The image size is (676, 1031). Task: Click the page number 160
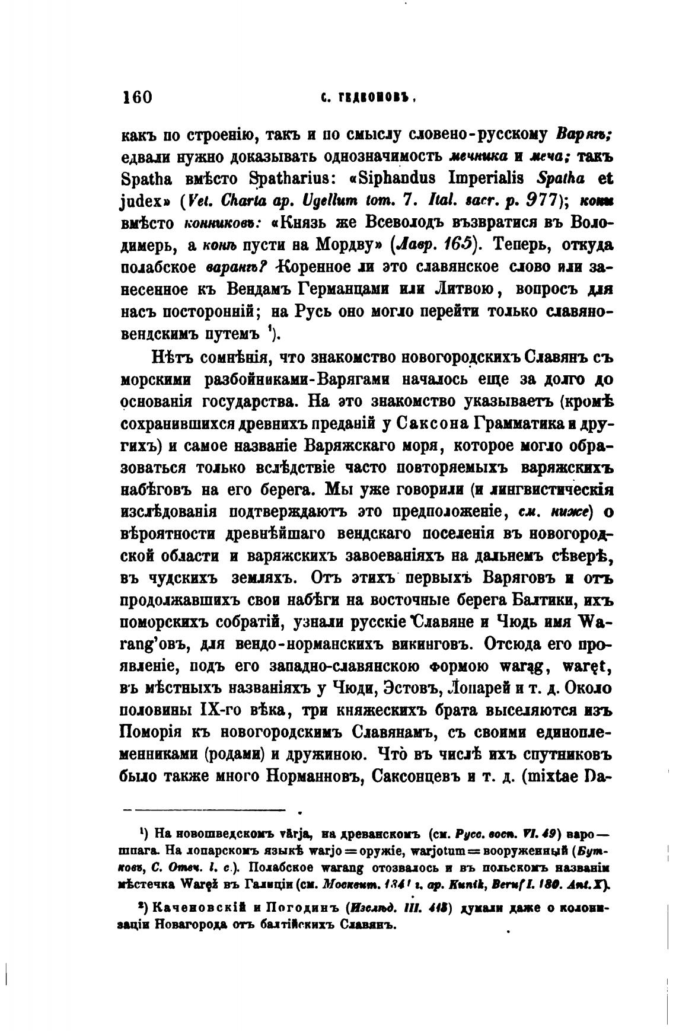pyautogui.click(x=137, y=97)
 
